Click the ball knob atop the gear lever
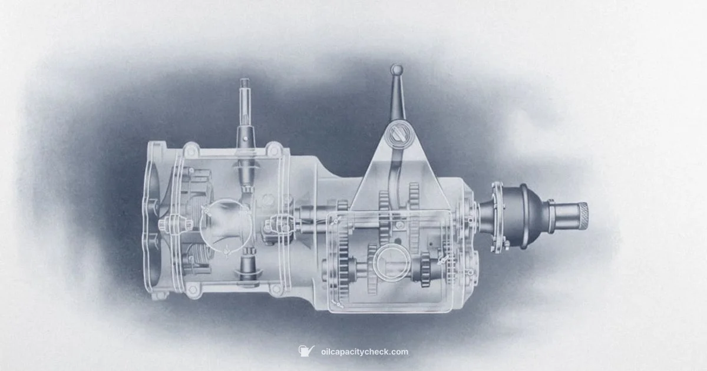(x=397, y=70)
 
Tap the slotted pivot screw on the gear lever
(x=395, y=137)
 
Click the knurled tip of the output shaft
(x=580, y=217)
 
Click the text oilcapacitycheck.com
(x=364, y=352)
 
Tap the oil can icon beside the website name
(x=306, y=352)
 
